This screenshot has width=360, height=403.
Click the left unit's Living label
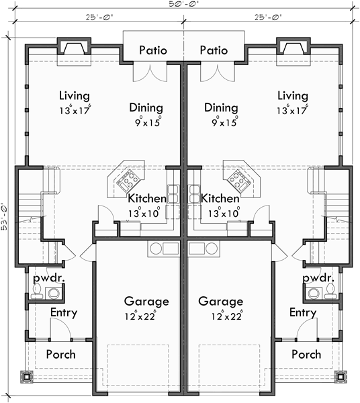(74, 95)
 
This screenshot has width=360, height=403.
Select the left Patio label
(152, 50)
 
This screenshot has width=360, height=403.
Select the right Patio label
(214, 50)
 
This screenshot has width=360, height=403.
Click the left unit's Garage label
(146, 301)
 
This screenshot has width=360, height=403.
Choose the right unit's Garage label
(216, 301)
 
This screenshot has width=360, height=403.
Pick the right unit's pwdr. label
(318, 277)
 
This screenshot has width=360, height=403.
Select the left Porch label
(60, 354)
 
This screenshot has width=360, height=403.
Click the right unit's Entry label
(303, 312)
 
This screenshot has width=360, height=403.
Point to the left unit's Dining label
(146, 107)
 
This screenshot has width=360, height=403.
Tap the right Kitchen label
(220, 199)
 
